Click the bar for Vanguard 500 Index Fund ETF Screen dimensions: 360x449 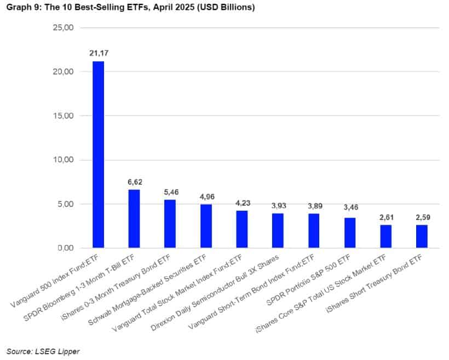[98, 155]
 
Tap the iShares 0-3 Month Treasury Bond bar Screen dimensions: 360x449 [170, 224]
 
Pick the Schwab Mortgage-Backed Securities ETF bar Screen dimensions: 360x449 [206, 226]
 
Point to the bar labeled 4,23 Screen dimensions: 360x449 [242, 229]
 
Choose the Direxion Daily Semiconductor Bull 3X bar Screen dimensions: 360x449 [278, 231]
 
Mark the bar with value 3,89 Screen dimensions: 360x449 [314, 231]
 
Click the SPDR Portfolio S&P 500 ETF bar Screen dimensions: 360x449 [350, 233]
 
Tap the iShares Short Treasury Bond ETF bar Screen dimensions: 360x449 [422, 236]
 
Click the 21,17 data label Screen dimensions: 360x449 [98, 53]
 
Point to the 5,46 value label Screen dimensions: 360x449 [170, 192]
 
